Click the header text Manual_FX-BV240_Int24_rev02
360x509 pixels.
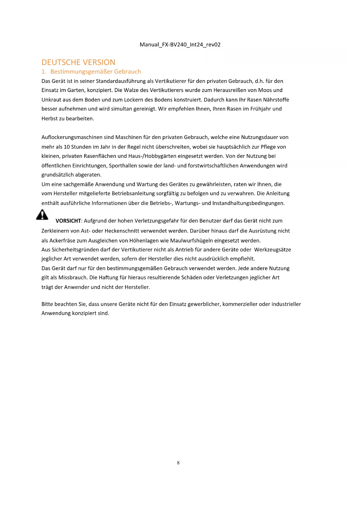pos(180,45)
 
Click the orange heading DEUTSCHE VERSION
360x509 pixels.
pos(78,62)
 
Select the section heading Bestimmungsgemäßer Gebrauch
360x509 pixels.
pos(95,72)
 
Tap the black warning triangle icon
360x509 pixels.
pos(42,215)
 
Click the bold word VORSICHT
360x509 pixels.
pos(68,221)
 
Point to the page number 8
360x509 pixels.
pos(178,463)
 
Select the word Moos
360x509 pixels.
pos(265,90)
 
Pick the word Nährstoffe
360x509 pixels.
pos(276,100)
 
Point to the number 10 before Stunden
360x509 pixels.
pos(67,147)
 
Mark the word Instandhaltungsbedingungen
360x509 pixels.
pos(248,203)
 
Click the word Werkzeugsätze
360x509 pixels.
pos(272,250)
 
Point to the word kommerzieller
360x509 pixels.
pos(240,304)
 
